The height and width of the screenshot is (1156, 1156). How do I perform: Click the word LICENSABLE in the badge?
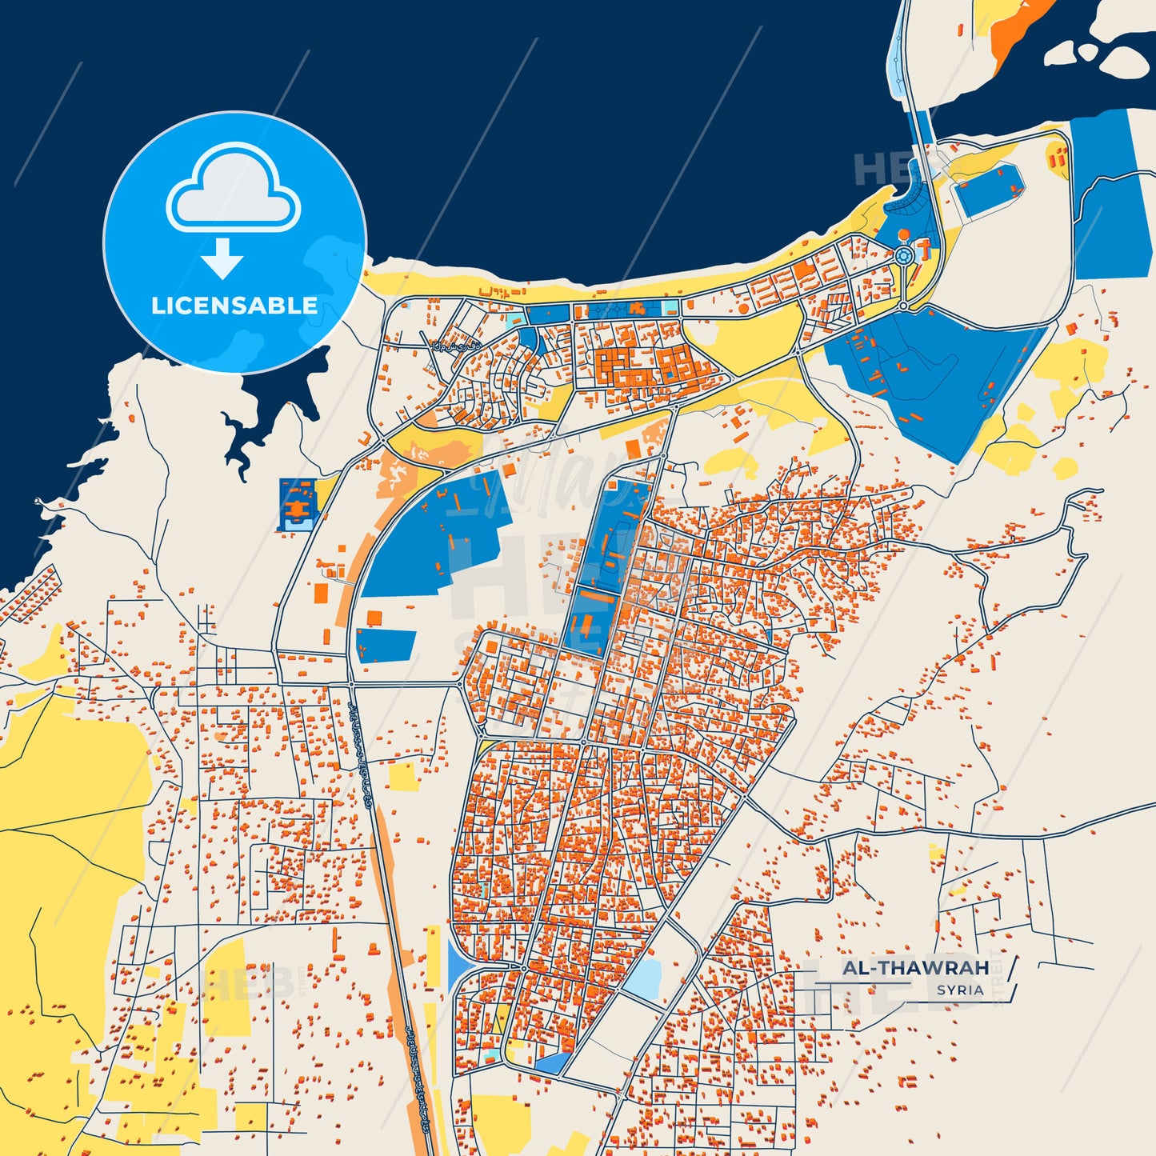(234, 306)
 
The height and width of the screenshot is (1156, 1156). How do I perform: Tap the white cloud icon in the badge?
(233, 189)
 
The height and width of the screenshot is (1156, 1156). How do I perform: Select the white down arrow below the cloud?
(222, 258)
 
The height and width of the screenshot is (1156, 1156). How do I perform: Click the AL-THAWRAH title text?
(915, 968)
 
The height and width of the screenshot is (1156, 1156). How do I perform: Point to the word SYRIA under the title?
(960, 990)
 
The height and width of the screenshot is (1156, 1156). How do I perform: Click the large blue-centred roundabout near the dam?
(904, 256)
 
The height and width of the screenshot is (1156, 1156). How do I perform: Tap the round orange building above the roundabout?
(904, 234)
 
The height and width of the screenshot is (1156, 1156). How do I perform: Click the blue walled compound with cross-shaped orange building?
(298, 504)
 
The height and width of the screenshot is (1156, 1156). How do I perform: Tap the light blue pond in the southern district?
(644, 977)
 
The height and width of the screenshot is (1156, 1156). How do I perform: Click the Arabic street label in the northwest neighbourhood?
(445, 346)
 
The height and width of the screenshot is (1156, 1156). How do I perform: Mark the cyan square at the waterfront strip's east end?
(670, 307)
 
